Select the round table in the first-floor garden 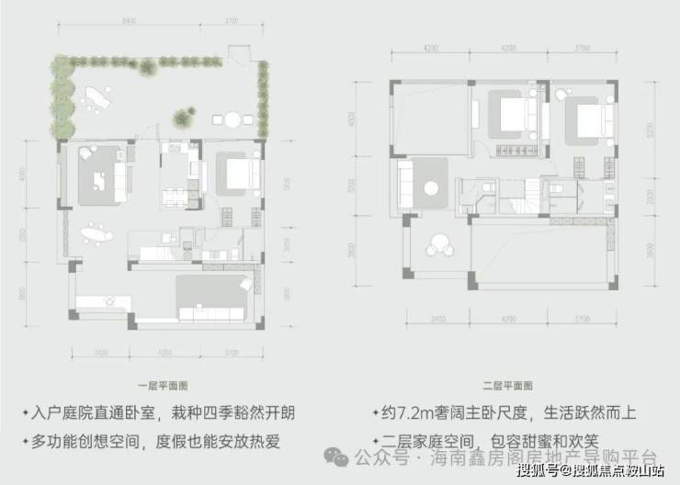232,118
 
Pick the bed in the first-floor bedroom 241,172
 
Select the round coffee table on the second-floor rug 431,188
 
